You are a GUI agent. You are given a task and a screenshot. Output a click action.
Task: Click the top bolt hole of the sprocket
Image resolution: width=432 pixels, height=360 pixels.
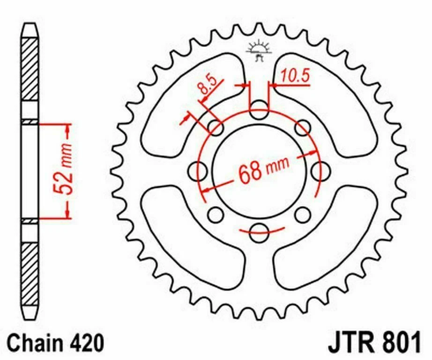258,114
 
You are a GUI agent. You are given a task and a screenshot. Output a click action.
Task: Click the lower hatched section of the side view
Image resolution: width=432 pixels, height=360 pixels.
31,277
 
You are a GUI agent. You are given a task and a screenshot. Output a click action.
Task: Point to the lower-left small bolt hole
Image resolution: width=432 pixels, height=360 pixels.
216,214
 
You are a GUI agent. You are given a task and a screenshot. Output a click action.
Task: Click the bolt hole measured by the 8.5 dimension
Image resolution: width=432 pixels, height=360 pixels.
216,127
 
